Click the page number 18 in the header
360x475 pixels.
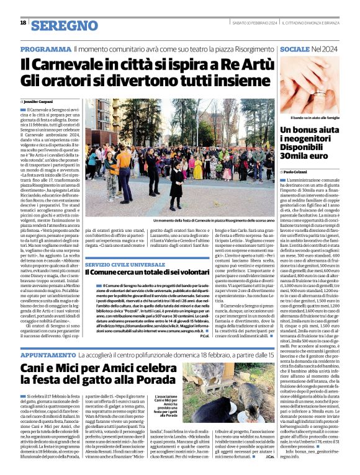tap(23, 23)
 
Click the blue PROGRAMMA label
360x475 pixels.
tap(45, 49)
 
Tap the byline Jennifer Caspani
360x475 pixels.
tap(40, 101)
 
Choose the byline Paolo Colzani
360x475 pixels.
tap(300, 172)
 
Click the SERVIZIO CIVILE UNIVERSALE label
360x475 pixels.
tap(124, 264)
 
